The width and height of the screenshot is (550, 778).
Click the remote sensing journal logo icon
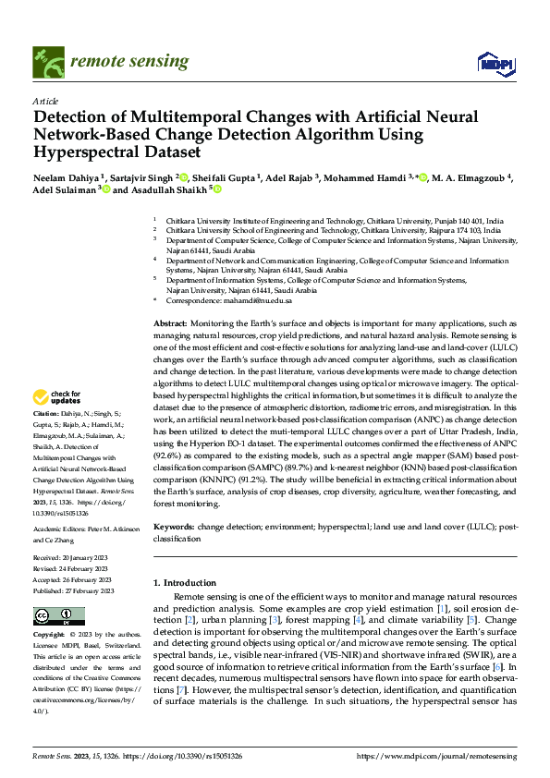point(45,62)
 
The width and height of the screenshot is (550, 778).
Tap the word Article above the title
point(45,101)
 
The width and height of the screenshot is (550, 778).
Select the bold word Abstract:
point(170,324)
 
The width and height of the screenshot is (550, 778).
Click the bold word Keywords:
point(174,525)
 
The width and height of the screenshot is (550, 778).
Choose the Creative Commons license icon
point(58,615)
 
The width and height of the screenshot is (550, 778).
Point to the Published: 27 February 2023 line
point(73,591)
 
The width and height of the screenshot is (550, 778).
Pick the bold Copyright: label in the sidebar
point(49,636)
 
